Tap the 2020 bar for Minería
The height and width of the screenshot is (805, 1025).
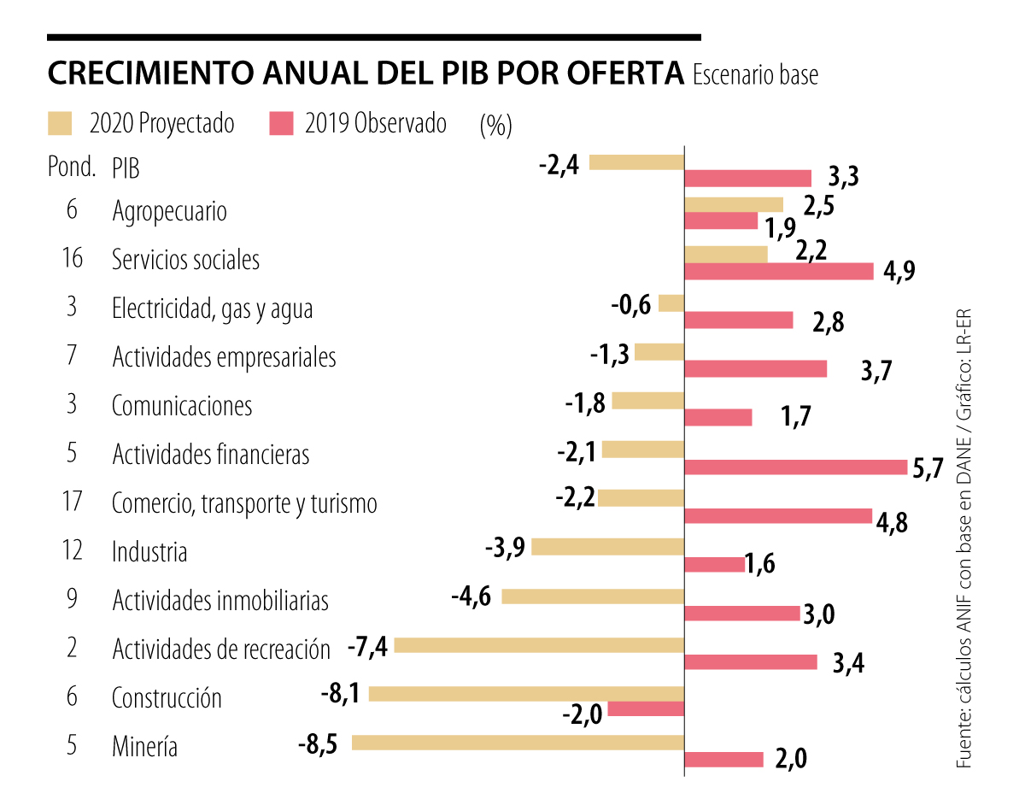[518, 743]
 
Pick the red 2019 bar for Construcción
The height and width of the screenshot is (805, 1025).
[646, 709]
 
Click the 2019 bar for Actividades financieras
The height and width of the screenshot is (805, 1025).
[796, 467]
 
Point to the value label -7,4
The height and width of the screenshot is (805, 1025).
[368, 647]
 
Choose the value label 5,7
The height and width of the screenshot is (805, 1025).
[927, 467]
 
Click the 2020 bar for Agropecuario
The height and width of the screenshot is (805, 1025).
[734, 205]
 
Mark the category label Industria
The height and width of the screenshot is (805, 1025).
[149, 552]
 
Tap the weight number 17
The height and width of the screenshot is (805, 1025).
[72, 502]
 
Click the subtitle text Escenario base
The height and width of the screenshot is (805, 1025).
[755, 75]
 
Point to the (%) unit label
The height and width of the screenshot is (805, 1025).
[495, 126]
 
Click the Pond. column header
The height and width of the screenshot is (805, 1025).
[71, 167]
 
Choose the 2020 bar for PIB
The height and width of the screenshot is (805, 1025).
[636, 162]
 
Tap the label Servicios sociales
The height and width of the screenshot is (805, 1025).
[185, 260]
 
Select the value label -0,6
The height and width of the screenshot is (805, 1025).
[632, 304]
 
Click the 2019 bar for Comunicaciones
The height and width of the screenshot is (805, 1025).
[718, 417]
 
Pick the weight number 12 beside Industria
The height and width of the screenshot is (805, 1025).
[72, 550]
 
